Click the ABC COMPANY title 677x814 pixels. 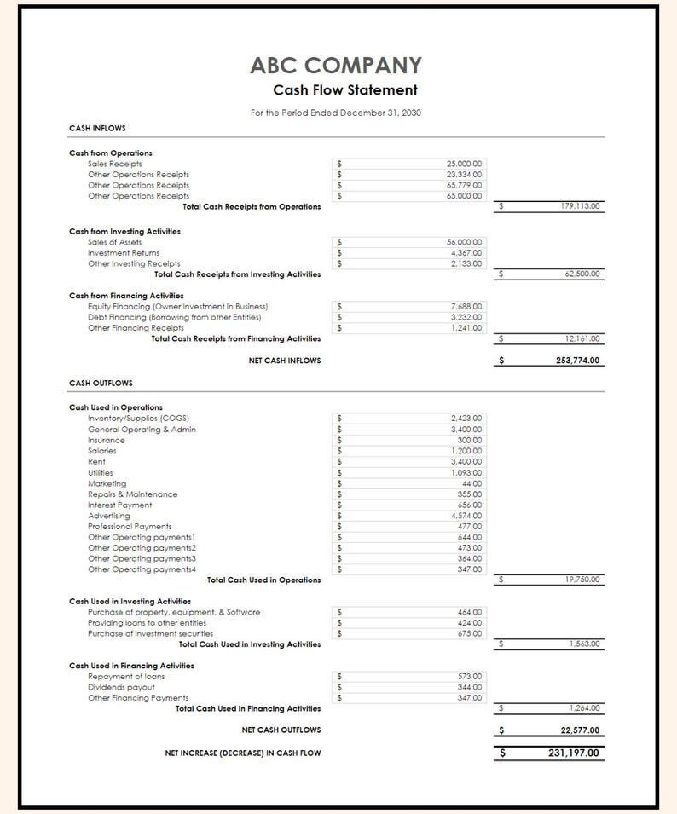tap(336, 66)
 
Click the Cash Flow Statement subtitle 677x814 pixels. tap(344, 90)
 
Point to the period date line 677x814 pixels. tap(335, 113)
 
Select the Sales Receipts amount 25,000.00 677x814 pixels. tap(464, 163)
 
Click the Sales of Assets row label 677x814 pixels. tap(114, 242)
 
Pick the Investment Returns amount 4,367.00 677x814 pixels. tap(466, 253)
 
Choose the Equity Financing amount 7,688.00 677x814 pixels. tap(466, 306)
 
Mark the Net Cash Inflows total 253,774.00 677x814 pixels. tap(577, 361)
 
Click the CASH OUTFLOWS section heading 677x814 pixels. tap(101, 384)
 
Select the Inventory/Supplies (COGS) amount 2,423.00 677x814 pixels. tap(466, 419)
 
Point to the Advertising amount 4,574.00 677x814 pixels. tap(466, 516)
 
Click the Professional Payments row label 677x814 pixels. tap(130, 527)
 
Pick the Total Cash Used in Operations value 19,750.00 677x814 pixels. tap(582, 580)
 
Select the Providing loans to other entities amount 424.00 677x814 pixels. tap(470, 623)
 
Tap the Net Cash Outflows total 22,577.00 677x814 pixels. tap(580, 730)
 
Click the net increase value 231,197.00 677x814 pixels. tap(573, 753)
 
